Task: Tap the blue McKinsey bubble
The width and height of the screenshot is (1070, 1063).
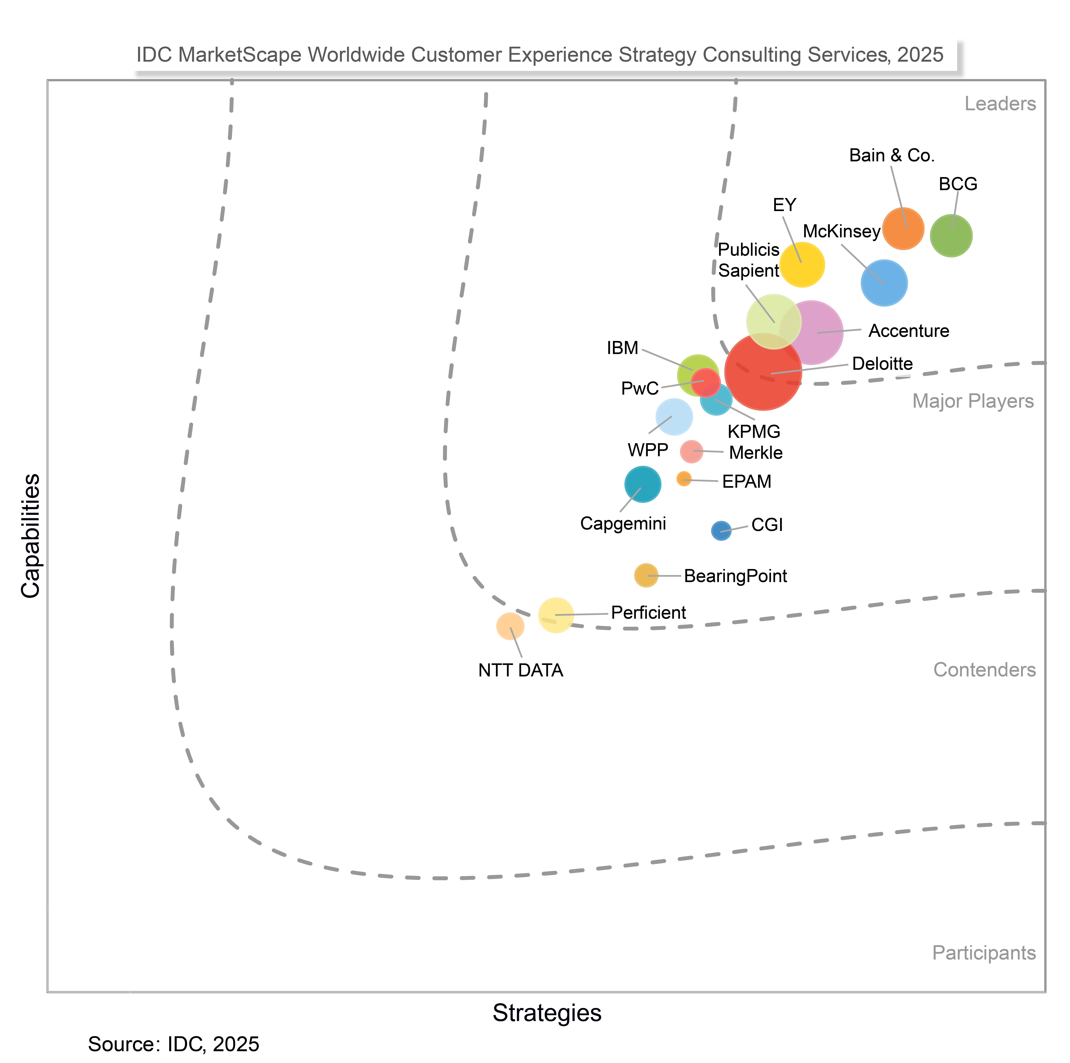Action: [884, 283]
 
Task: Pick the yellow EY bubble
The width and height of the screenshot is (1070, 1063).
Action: [802, 265]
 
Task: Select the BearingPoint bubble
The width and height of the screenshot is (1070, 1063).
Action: [646, 575]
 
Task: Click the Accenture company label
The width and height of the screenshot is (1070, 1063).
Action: [908, 331]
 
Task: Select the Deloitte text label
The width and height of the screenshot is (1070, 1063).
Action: [882, 364]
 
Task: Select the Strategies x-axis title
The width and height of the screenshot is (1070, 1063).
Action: [547, 1013]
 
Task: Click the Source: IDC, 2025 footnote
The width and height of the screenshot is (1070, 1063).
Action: [173, 1044]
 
